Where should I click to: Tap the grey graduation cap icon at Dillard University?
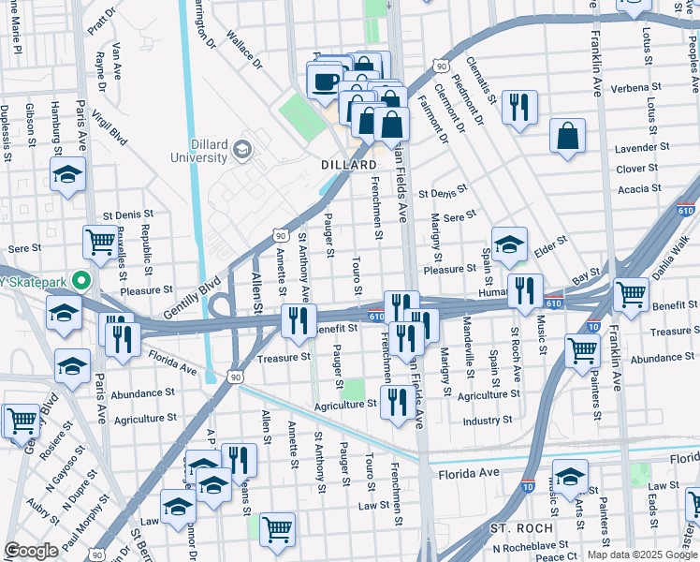coord(242,149)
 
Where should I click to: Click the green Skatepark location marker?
coord(81,280)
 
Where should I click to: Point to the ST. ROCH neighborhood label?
coord(520,529)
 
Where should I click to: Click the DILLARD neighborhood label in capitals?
coord(349,165)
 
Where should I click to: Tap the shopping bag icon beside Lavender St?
coord(567,136)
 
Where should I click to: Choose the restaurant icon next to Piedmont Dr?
coord(519,106)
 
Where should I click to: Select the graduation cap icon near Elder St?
coord(509,244)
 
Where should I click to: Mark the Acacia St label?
coord(640,188)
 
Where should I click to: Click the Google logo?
coord(31,551)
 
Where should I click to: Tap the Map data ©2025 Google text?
coord(641,555)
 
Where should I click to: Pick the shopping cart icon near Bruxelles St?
coord(100,242)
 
